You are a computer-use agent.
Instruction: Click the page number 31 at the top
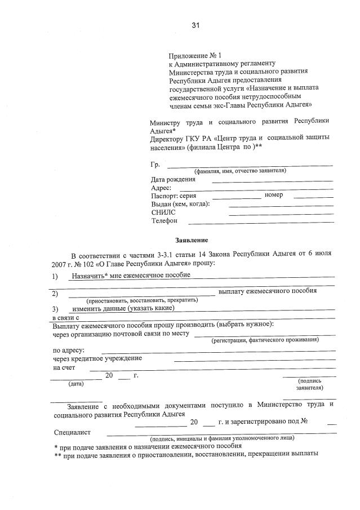coord(195,25)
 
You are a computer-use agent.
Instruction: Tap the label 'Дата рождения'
coord(174,180)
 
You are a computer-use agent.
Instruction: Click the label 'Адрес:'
coord(161,188)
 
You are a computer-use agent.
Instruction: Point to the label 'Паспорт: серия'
coord(173,196)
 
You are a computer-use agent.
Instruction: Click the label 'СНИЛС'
coord(163,212)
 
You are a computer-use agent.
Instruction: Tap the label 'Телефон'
coord(165,220)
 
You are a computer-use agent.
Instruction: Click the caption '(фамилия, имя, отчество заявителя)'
coord(240,171)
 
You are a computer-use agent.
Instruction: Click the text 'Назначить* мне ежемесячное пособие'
coord(131,275)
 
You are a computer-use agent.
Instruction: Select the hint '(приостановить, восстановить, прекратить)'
coord(142,300)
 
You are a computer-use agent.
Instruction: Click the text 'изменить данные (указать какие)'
coord(123,308)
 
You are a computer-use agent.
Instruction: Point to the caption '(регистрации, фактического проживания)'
coord(265,340)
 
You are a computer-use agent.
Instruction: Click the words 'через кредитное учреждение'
coord(97,358)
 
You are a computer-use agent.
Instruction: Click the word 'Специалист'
coord(72,432)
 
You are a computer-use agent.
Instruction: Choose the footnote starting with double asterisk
coord(186,453)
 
